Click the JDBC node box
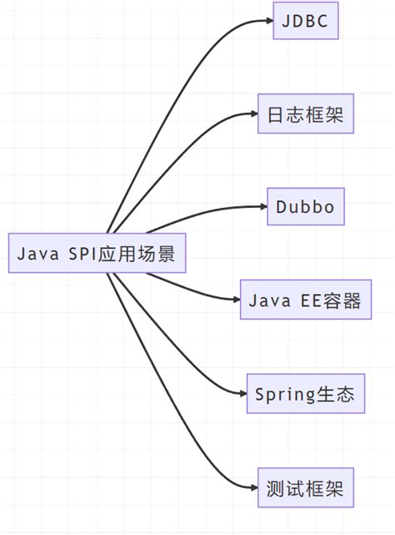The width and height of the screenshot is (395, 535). pyautogui.click(x=306, y=20)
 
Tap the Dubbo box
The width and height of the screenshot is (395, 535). pyautogui.click(x=305, y=207)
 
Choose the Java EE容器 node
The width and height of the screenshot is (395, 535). pyautogui.click(x=305, y=300)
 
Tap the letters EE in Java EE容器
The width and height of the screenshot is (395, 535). pyautogui.click(x=308, y=300)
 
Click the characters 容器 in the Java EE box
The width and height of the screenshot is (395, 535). pyautogui.click(x=343, y=300)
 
